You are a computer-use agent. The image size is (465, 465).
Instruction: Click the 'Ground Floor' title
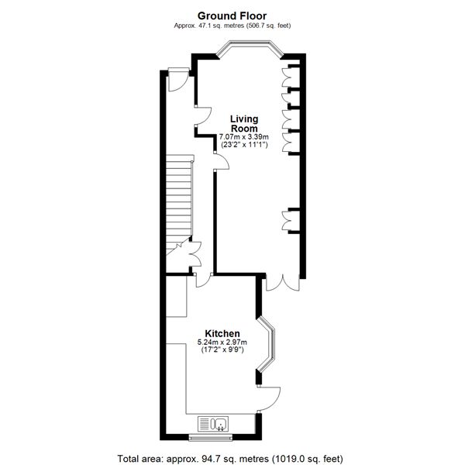coord(232,15)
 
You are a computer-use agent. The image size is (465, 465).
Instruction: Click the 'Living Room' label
coord(244,124)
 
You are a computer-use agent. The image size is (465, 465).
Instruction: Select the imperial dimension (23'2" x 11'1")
coord(244,145)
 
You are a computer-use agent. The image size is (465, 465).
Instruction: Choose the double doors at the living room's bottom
coord(281,283)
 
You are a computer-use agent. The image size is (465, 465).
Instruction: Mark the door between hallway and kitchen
coord(201,281)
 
